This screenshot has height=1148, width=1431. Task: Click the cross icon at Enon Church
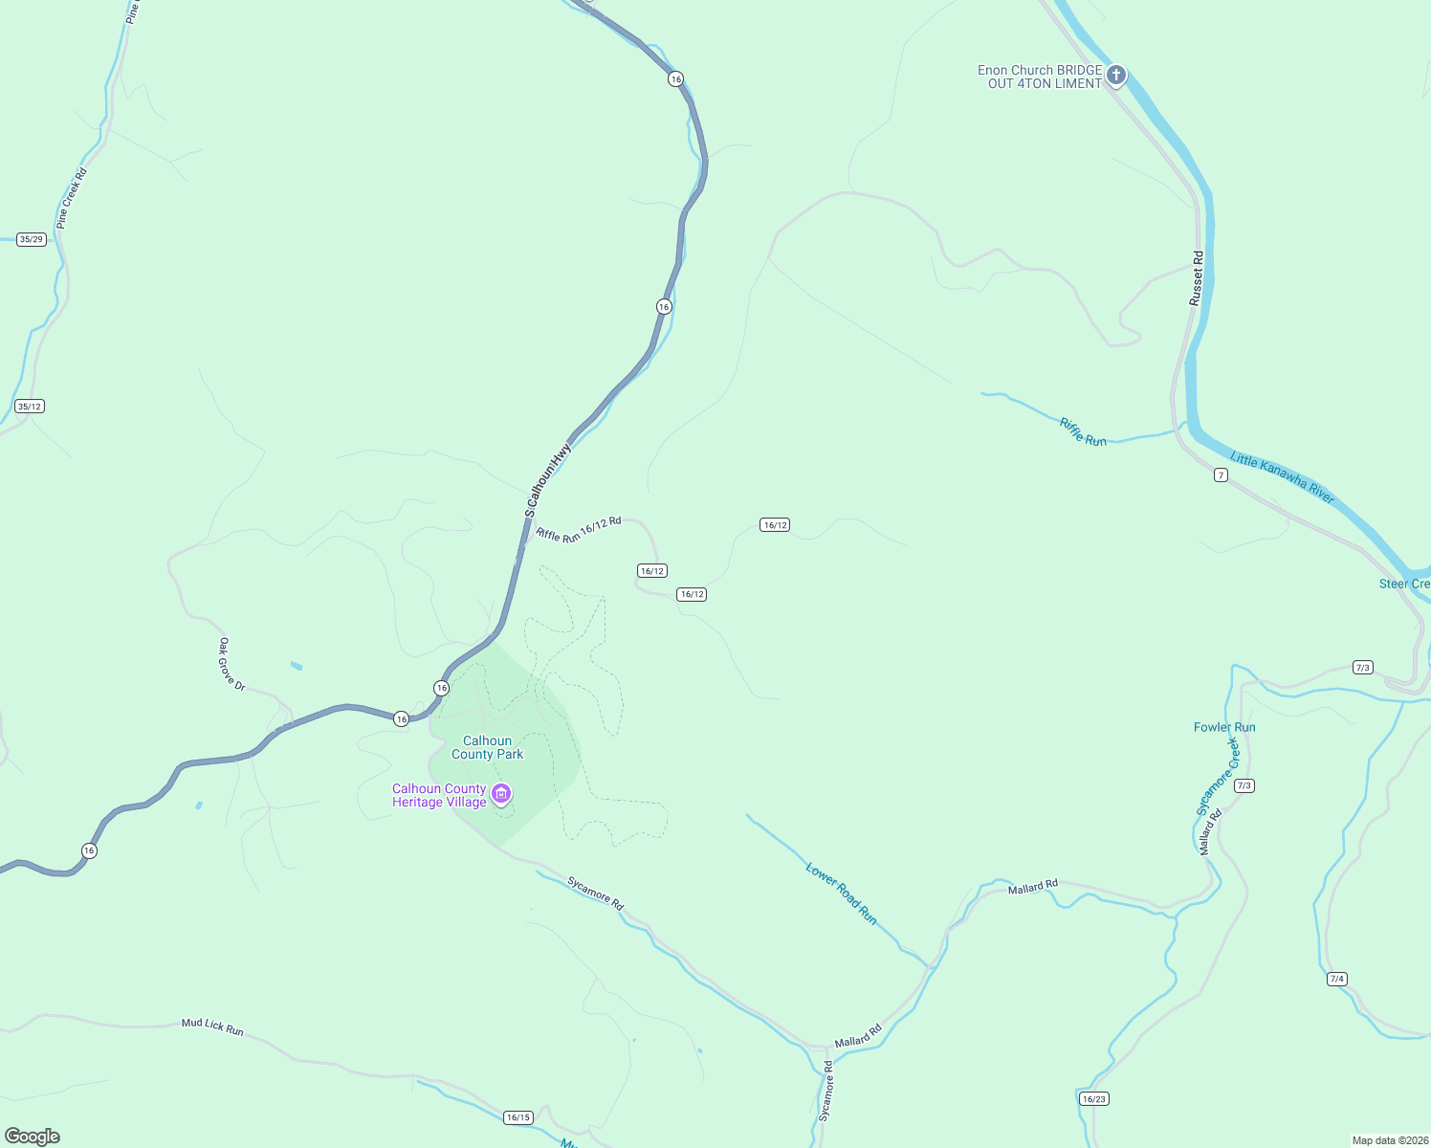1115,76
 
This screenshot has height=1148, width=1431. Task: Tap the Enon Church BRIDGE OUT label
1040,77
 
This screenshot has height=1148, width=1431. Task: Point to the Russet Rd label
1197,278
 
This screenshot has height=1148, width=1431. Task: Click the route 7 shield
1221,475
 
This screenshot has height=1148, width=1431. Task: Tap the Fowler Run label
1224,727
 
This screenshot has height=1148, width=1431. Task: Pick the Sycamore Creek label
1218,777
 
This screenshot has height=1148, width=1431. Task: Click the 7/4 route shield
1337,979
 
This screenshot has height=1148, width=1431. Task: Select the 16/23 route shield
1093,1099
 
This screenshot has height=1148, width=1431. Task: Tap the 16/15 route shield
517,1117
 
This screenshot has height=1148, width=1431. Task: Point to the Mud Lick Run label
212,1027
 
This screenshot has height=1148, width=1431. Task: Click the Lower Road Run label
842,894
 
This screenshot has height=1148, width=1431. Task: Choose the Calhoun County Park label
488,747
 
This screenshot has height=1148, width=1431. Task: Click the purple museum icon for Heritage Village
501,794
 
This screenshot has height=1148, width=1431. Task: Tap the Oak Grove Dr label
232,664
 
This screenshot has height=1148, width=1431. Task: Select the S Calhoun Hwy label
548,479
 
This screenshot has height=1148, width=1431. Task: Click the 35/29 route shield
32,239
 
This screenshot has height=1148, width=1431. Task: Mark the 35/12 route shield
30,407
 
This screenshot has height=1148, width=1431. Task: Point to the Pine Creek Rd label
72,199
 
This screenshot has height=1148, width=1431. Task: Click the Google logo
33,1137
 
